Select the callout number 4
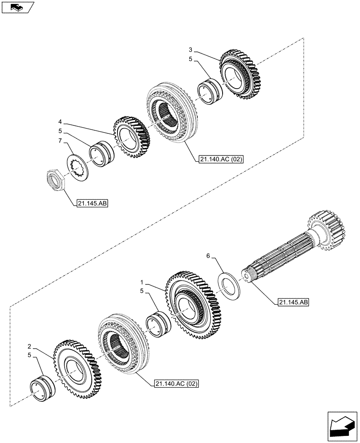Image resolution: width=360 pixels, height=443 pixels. pos(59,121)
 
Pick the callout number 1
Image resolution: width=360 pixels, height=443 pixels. pos(142,282)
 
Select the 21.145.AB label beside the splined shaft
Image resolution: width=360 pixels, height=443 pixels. pos(293,303)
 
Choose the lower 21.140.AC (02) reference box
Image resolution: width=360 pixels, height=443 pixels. pos(176,383)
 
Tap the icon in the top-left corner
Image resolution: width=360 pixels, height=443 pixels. pos(17,8)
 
